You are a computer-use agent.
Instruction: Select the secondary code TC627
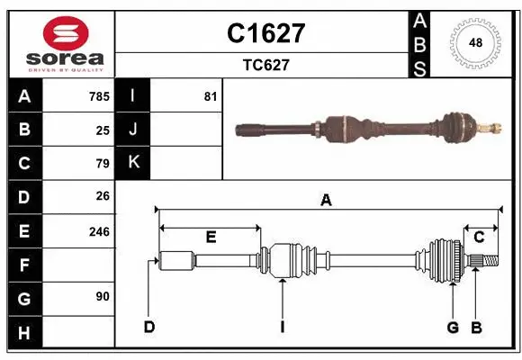(265, 65)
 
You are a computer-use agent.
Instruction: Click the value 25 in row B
(102, 130)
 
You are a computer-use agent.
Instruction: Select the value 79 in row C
(102, 164)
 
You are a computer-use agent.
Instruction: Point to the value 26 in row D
(102, 197)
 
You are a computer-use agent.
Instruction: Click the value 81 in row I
(210, 96)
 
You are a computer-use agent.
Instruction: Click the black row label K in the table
(133, 163)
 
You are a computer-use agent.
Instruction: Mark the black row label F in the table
(24, 265)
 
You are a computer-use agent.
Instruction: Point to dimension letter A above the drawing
(326, 201)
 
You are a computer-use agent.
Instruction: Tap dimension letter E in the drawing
(211, 237)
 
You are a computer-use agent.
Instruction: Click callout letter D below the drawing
(149, 327)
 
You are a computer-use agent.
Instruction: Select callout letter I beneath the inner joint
(282, 327)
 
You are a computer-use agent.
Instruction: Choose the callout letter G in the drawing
(453, 327)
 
